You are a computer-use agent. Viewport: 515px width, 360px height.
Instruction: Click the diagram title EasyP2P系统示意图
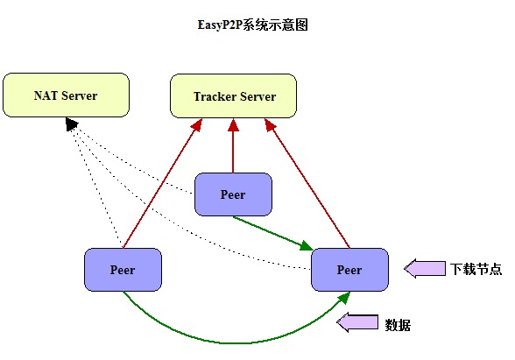point(252,25)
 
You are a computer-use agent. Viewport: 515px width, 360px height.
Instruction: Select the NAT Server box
point(66,95)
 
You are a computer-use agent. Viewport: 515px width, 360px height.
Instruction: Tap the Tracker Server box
point(233,96)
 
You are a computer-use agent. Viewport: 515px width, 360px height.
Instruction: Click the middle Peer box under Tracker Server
point(233,194)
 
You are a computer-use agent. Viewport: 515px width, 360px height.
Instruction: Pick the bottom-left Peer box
point(123,270)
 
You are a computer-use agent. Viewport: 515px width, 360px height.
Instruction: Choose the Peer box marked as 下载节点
point(349,270)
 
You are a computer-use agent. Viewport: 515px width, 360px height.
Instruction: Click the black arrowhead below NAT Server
point(71,124)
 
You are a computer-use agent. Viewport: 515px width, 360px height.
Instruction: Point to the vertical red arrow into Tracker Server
point(233,145)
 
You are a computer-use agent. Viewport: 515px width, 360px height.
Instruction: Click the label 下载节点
point(476,269)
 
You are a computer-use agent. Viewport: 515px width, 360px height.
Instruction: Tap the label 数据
point(398,325)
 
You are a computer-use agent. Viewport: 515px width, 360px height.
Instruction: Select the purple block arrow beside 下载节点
point(425,269)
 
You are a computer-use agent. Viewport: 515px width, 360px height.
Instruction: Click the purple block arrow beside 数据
point(357,322)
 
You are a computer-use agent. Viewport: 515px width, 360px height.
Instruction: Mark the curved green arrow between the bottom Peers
point(229,343)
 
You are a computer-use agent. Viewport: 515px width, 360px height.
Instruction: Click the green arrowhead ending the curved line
point(344,298)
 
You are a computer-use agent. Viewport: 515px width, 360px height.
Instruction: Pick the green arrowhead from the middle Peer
point(307,245)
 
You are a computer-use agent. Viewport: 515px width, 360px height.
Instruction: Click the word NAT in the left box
point(46,95)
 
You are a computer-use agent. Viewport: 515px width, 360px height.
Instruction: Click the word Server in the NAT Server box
point(80,95)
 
